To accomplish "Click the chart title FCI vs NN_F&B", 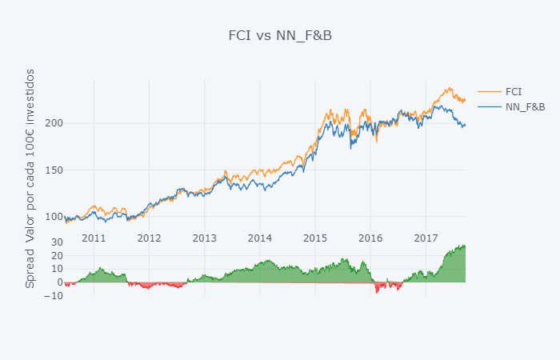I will click(279, 35).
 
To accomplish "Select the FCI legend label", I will click(514, 91).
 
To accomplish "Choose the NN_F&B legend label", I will click(525, 106).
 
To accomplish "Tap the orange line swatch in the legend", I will click(489, 91).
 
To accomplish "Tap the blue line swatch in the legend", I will click(489, 106).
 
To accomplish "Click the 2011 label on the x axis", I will click(94, 238).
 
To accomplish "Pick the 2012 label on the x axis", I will click(149, 238).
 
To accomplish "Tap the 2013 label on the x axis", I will click(204, 238).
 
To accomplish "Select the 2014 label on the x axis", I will click(259, 238).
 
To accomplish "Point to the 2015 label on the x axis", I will click(315, 238).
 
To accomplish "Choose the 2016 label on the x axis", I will click(370, 238).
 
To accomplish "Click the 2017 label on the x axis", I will click(426, 238).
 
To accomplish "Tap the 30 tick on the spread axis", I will click(57, 242).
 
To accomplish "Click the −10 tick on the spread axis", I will click(54, 296).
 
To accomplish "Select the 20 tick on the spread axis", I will click(57, 256).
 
